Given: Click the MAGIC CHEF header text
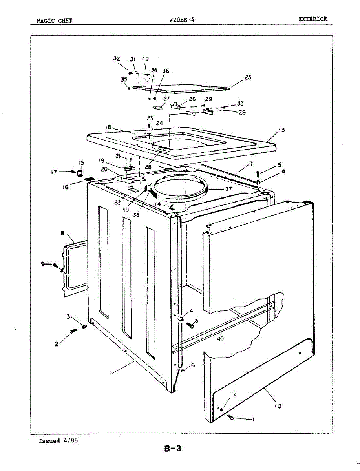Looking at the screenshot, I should click(x=54, y=21).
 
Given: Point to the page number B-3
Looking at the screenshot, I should click(x=173, y=449).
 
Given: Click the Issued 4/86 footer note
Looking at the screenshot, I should click(x=58, y=441).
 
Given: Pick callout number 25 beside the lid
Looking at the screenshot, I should click(x=248, y=77).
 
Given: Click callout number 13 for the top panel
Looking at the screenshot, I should click(x=282, y=130).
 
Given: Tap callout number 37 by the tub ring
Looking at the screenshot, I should click(x=228, y=189).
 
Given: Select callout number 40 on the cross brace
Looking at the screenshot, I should click(x=220, y=338).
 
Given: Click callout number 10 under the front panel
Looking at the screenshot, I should click(x=278, y=406).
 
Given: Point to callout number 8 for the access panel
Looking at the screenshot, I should click(x=63, y=233).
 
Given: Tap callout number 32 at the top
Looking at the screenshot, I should click(x=117, y=59).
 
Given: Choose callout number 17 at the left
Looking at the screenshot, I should click(x=54, y=172).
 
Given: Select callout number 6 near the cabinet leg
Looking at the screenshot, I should click(x=192, y=365).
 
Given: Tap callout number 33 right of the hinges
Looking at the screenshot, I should click(x=240, y=104).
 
